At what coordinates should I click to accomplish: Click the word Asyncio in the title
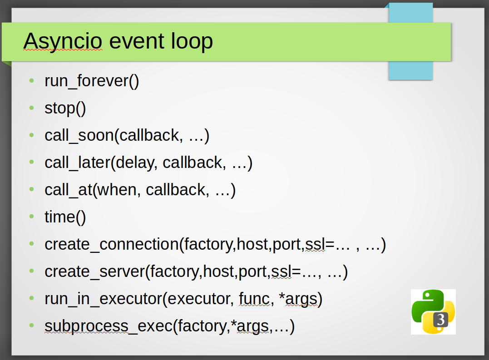63,41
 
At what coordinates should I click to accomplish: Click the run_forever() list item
92,81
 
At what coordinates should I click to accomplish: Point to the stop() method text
65,108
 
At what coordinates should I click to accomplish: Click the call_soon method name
79,136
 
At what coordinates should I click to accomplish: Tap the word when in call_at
117,190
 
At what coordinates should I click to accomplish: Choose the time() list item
65,217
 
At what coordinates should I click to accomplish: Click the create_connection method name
112,244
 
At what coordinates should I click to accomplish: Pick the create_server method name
95,271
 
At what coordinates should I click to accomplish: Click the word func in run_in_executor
254,299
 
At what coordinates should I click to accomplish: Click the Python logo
433,312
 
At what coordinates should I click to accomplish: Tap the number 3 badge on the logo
441,320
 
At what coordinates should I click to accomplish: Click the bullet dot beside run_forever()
31,81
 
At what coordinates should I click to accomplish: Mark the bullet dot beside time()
31,217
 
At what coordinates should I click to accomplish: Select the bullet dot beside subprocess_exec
31,325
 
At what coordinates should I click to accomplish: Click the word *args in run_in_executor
298,299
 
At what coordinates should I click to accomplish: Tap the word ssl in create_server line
282,271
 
